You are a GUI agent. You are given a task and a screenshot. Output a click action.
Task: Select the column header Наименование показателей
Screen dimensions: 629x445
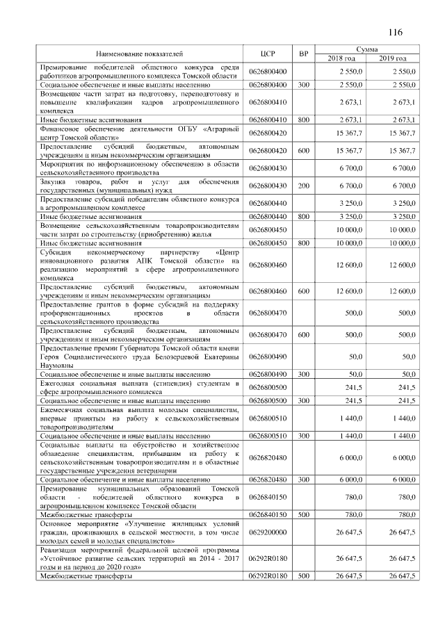pyautogui.click(x=140, y=53)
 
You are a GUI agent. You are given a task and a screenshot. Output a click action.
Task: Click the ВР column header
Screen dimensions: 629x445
pyautogui.click(x=303, y=53)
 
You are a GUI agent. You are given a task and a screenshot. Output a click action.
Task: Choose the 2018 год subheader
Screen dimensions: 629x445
pyautogui.click(x=341, y=58)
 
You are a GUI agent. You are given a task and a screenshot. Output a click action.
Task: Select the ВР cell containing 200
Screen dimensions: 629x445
pyautogui.click(x=303, y=186)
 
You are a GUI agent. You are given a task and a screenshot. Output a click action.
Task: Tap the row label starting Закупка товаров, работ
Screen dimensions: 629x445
pyautogui.click(x=139, y=186)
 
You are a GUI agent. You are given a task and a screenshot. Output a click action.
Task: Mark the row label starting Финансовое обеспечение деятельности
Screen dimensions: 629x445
pyautogui.click(x=139, y=132)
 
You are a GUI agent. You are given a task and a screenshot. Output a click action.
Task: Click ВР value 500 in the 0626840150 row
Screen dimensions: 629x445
pyautogui.click(x=303, y=514)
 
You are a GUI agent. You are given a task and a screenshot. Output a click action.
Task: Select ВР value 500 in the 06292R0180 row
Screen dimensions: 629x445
pyautogui.click(x=303, y=576)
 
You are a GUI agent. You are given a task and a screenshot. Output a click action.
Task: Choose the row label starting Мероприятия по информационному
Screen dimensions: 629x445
pyautogui.click(x=139, y=168)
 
